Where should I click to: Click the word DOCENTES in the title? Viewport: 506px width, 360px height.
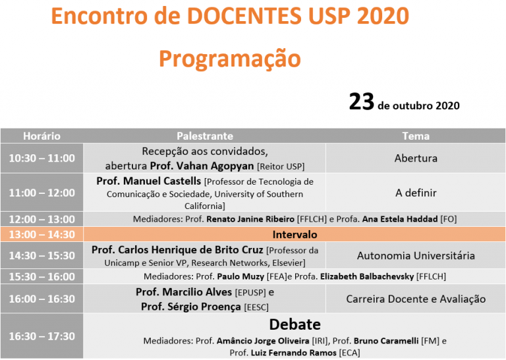tap(244, 16)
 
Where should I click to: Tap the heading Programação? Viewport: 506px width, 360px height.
tap(230, 59)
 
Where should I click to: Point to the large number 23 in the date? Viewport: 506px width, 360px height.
tap(362, 102)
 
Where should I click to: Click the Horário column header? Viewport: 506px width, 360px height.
tap(42, 136)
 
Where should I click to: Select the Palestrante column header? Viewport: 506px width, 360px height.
tap(205, 136)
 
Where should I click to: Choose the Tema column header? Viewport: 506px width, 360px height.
tap(416, 136)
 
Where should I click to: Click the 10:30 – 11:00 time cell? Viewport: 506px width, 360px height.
tap(42, 158)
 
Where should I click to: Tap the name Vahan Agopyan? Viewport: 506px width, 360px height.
tap(215, 166)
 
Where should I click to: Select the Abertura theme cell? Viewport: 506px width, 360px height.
tap(416, 158)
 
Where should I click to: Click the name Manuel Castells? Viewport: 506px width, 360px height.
tap(162, 181)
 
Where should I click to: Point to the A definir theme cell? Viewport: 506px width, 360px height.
tap(416, 193)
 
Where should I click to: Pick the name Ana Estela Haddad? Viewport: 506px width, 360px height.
tap(400, 219)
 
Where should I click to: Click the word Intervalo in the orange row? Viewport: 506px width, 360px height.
tap(295, 235)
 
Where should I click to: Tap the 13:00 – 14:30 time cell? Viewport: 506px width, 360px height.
tap(42, 235)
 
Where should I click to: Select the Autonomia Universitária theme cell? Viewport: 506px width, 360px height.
tap(416, 256)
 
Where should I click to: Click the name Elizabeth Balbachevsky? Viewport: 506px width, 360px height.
tap(367, 276)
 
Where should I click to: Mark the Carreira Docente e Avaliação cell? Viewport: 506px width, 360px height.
tap(416, 299)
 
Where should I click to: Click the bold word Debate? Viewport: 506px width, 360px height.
tap(295, 324)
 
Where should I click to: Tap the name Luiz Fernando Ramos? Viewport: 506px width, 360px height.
tap(294, 353)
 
